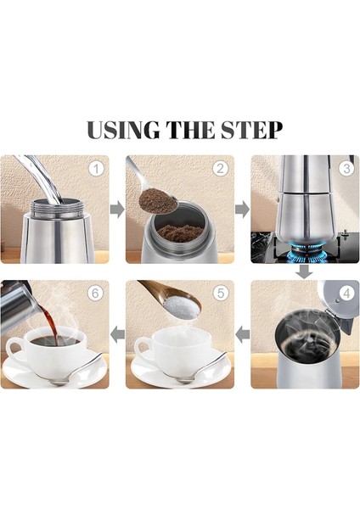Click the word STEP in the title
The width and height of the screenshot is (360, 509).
point(250,131)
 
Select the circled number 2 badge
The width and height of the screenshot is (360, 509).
point(221,168)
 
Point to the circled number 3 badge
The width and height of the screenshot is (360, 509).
point(346,168)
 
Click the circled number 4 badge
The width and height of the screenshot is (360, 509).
point(346,294)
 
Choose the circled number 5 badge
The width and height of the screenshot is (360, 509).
point(221,294)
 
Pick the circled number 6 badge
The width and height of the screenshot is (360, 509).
point(96,294)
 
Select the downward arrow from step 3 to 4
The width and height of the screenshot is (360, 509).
point(304,271)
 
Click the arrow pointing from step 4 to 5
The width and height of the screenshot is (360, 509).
point(242,335)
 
